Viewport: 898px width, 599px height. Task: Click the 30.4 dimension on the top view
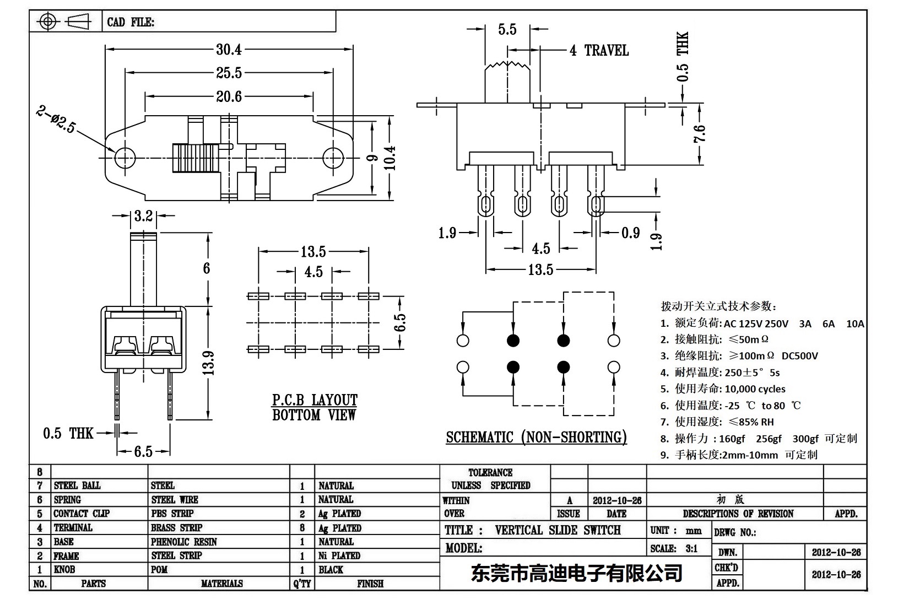click(229, 50)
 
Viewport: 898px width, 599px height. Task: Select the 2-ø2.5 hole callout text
click(56, 120)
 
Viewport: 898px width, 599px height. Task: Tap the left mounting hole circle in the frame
click(125, 158)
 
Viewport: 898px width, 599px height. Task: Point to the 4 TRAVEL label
click(599, 51)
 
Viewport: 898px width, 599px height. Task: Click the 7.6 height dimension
click(700, 134)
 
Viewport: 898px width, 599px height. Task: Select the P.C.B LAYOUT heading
click(315, 400)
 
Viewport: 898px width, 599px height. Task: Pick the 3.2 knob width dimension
click(143, 215)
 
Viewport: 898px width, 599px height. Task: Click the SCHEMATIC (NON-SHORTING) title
click(536, 438)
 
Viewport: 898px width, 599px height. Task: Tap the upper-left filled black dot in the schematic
click(513, 341)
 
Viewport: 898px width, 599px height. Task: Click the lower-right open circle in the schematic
click(613, 367)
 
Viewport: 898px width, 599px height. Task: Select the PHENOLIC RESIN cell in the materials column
click(184, 542)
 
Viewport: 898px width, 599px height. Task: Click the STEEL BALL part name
click(77, 485)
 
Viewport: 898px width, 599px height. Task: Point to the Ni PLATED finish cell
click(339, 555)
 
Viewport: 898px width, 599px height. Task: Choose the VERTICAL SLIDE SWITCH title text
click(558, 530)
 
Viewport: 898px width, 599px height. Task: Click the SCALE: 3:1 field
click(673, 548)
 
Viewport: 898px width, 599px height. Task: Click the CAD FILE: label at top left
click(131, 22)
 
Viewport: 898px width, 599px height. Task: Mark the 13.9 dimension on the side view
click(209, 363)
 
